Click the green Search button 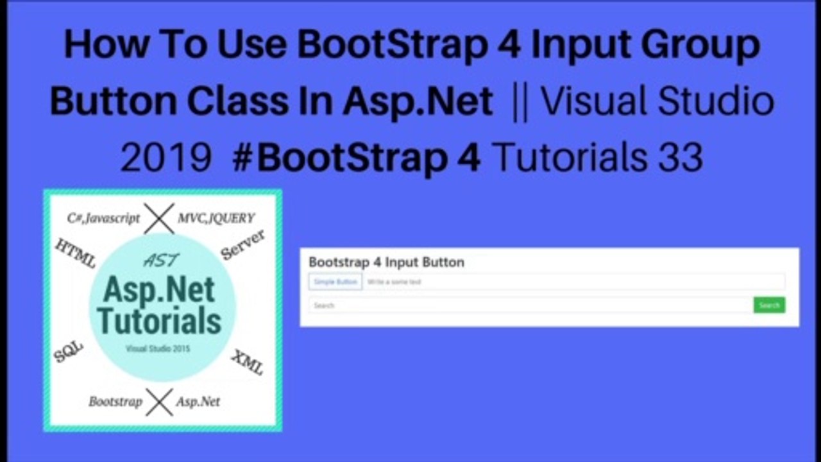(769, 305)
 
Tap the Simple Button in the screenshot (335, 282)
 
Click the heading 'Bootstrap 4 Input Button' (386, 262)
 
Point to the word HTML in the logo (76, 253)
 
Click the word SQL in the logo (69, 351)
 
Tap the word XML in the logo (248, 363)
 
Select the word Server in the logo (243, 244)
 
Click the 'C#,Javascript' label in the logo (103, 218)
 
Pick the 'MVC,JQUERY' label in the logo (216, 218)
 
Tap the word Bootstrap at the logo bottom (115, 402)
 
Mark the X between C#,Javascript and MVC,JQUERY (159, 218)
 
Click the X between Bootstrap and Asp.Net (159, 402)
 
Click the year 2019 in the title (166, 157)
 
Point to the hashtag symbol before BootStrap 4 (242, 157)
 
